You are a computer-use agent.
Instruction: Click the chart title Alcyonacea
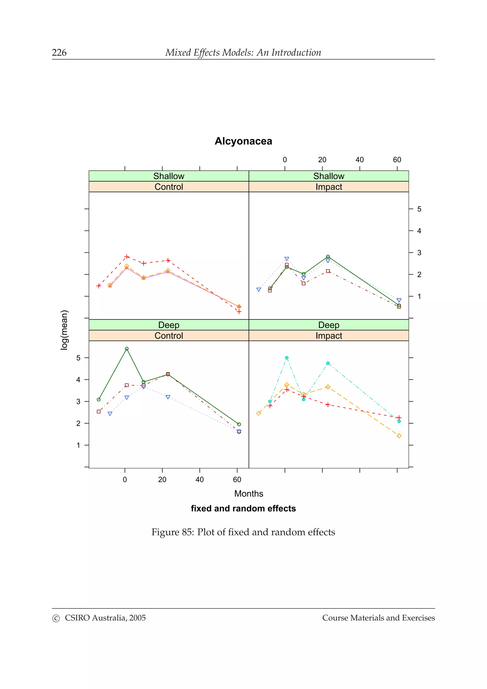(243, 141)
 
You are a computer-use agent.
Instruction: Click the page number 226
(59, 53)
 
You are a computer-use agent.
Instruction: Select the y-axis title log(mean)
(64, 330)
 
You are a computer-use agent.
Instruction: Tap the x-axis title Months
(248, 494)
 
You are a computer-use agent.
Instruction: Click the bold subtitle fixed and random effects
(243, 509)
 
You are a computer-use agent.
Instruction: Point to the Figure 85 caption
(243, 532)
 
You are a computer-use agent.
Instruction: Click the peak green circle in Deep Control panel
(127, 349)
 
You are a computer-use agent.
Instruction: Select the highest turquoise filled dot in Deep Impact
(287, 358)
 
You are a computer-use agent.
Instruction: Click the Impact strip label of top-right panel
(329, 187)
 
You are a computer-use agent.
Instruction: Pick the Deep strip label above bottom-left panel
(169, 325)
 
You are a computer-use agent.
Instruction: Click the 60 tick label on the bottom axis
(237, 480)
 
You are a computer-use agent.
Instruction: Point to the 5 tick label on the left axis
(78, 358)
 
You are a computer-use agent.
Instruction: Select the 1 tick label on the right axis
(419, 296)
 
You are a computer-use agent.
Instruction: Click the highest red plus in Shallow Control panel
(127, 257)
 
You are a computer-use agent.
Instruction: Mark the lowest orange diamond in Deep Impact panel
(399, 436)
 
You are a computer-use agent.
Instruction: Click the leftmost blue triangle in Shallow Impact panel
(259, 290)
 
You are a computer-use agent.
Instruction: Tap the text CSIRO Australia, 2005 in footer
(105, 618)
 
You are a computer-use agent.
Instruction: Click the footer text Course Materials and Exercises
(378, 618)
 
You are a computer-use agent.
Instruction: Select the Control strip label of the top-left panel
(169, 187)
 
